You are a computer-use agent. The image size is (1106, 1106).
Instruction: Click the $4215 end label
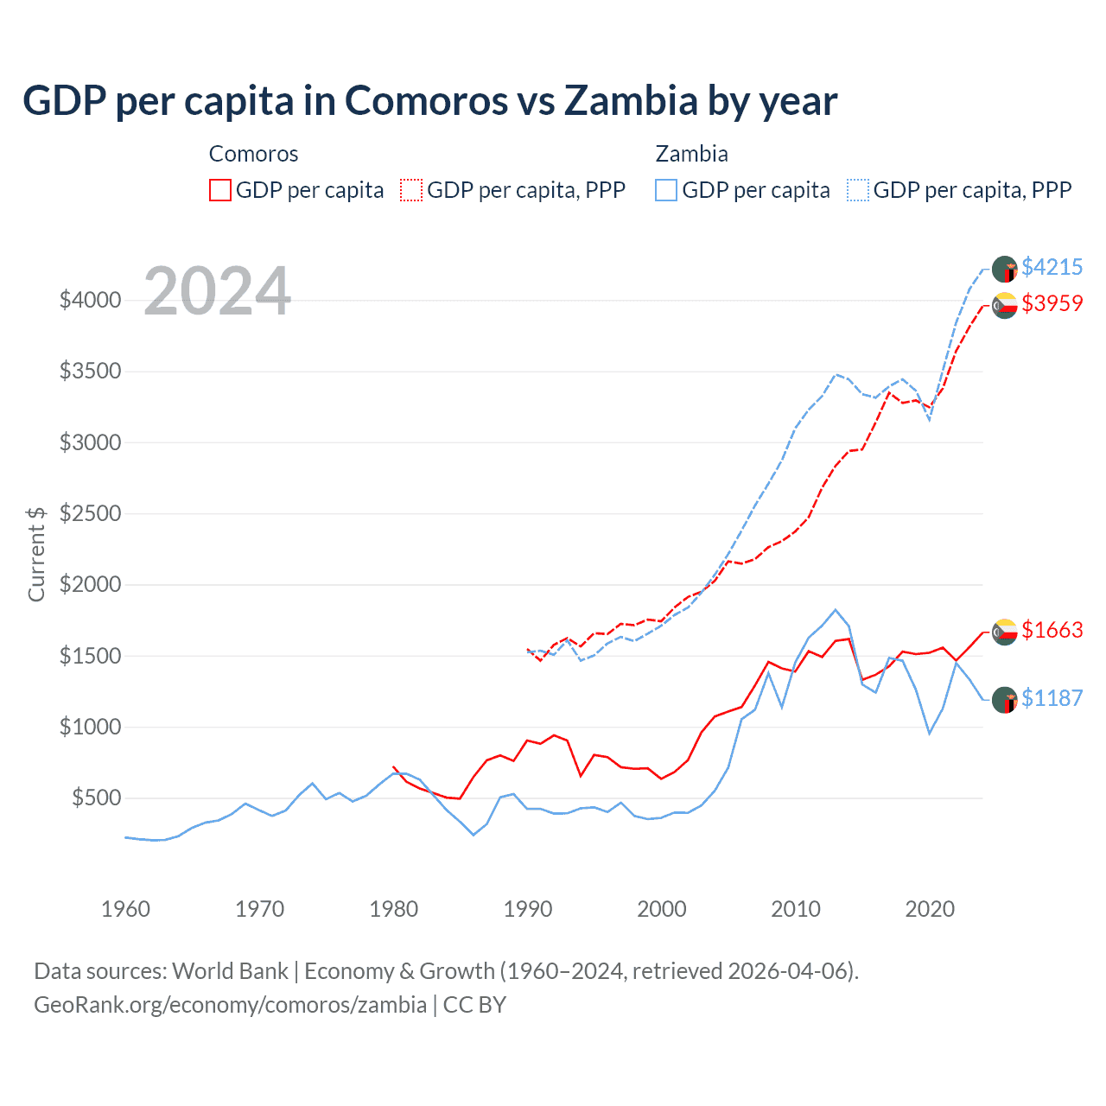pos(1052,267)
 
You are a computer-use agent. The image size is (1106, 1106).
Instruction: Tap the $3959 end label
pos(1052,303)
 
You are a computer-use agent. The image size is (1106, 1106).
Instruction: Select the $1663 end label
pos(1052,630)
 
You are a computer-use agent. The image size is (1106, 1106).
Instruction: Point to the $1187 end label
pos(1052,698)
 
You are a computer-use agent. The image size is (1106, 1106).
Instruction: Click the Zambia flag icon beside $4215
pos(1004,269)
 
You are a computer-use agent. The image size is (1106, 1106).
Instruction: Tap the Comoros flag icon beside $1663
pos(1004,632)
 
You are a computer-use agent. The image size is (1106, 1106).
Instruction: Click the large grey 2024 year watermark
pos(217,291)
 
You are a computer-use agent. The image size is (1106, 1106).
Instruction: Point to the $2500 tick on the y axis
pos(90,513)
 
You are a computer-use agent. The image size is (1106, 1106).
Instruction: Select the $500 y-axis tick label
pos(96,798)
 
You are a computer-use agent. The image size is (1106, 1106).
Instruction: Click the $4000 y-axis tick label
pos(90,300)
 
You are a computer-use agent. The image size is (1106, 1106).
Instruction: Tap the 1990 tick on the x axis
pos(527,909)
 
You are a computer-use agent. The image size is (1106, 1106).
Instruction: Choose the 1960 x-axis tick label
pos(126,909)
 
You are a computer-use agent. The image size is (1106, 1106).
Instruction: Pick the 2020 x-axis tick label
pos(929,909)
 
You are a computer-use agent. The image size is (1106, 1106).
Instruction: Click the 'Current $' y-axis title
pos(36,554)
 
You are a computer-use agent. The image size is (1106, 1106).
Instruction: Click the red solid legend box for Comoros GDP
pos(220,190)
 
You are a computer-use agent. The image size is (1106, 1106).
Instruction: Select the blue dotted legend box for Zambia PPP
pos(858,190)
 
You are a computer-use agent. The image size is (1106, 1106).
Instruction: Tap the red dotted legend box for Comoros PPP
pos(411,190)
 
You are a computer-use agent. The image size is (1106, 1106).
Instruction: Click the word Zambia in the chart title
pos(630,100)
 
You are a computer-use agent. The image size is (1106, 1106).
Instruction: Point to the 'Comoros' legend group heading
pos(253,154)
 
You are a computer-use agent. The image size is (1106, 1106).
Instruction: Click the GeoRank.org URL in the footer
pos(230,1005)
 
